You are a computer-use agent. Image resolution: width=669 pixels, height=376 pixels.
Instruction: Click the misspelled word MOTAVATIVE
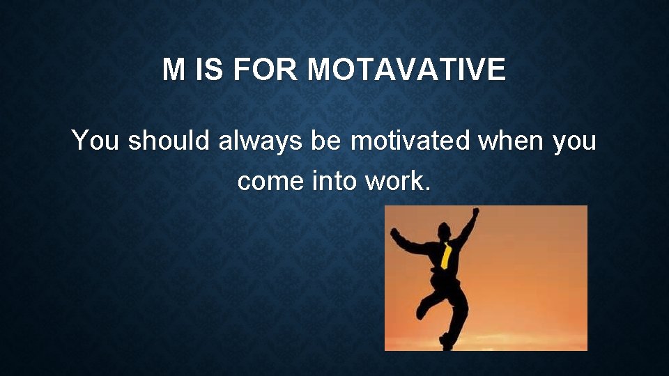tap(406, 70)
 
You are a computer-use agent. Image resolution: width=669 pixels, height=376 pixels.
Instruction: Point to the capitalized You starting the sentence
tap(96, 141)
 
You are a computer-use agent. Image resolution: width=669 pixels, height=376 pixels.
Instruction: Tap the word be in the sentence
tap(326, 141)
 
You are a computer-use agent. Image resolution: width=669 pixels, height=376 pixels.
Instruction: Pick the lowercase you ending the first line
tap(574, 142)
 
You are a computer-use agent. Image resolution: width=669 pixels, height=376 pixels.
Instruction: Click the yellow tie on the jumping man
tap(446, 256)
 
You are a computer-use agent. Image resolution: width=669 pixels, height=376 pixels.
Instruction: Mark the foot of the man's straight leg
tap(446, 343)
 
